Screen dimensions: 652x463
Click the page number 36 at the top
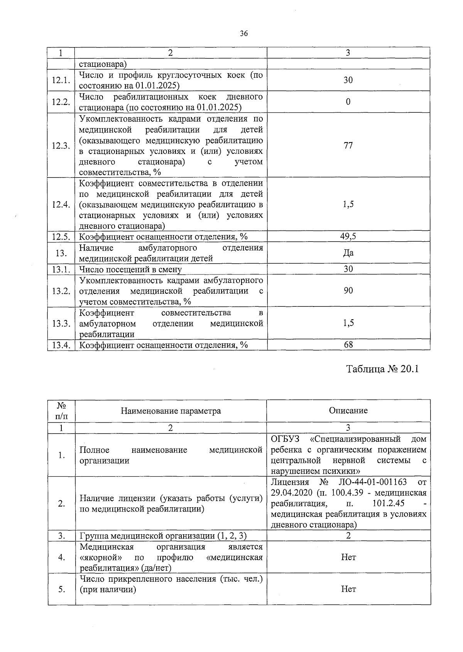point(243,34)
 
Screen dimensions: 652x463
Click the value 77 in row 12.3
point(348,145)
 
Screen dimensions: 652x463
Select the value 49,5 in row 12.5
point(348,237)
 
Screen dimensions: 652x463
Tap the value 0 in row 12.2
point(348,102)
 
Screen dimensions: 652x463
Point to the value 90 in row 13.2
point(348,291)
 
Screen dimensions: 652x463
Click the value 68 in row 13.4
point(348,345)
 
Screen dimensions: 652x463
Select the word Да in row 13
point(348,253)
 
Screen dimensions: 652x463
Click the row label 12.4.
point(61,205)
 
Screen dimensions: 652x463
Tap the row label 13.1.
point(61,269)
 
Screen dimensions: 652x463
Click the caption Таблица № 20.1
point(382,369)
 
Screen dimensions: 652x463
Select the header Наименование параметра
point(171,411)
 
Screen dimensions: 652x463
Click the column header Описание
point(348,410)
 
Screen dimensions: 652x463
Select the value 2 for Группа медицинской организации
point(348,536)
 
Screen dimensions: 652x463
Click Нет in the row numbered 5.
point(348,589)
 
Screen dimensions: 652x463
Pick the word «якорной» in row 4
point(101,557)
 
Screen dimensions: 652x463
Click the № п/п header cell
point(61,411)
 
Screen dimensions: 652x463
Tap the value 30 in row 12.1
point(348,80)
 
